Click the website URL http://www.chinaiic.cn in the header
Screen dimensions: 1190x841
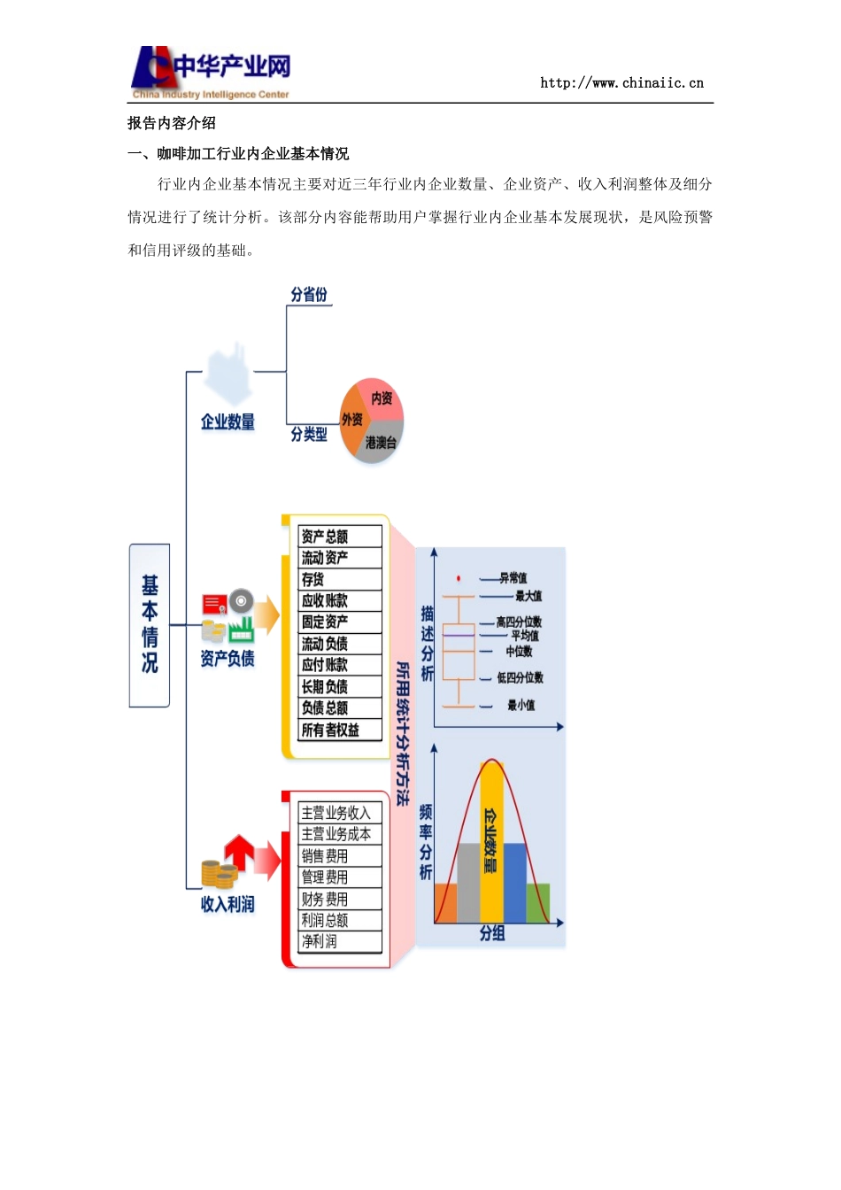[621, 83]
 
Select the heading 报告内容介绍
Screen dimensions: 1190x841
[172, 123]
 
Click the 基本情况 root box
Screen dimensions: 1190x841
[150, 625]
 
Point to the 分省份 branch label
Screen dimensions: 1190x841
[309, 295]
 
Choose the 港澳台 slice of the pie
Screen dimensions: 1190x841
[381, 442]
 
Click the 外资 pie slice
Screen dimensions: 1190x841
[352, 421]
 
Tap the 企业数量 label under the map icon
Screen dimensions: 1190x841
[228, 422]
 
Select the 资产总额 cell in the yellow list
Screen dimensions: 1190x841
[340, 537]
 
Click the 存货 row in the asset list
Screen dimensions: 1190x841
[340, 579]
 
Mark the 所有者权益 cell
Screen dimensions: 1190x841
[340, 730]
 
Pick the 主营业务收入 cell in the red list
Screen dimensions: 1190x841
[340, 813]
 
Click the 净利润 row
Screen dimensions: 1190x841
[340, 941]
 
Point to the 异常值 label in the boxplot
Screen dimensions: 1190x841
[513, 578]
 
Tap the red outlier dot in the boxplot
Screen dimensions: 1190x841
[459, 578]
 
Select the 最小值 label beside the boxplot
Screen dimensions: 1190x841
[521, 706]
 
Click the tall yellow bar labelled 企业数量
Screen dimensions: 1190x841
[491, 841]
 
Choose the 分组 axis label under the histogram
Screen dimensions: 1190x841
[492, 933]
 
